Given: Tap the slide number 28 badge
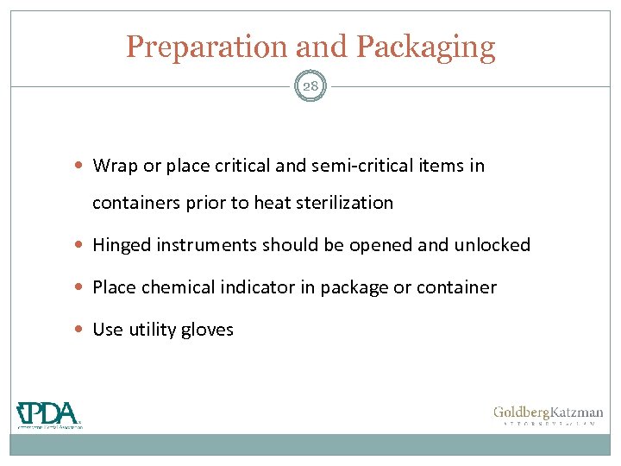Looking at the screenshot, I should click(x=310, y=86).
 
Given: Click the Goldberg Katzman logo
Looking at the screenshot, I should click(x=548, y=416).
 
